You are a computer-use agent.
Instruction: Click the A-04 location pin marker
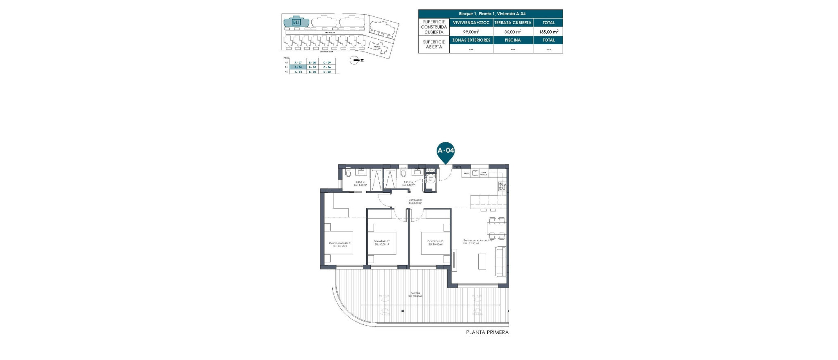[446, 151]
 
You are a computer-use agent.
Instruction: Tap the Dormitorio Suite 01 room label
[340, 245]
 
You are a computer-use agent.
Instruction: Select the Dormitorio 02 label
[382, 243]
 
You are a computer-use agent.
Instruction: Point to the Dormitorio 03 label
[435, 243]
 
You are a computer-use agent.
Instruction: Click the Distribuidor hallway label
[415, 201]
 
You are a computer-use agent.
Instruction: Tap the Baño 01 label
[360, 183]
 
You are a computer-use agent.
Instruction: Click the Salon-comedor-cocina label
[478, 242]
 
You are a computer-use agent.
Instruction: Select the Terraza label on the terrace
[415, 295]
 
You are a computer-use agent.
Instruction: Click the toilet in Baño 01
[348, 174]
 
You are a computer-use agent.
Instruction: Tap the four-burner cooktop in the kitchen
[502, 187]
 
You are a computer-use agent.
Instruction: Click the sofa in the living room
[500, 261]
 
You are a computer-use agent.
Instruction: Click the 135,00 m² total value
[548, 32]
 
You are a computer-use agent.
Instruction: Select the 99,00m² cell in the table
[471, 32]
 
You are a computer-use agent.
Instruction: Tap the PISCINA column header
[513, 40]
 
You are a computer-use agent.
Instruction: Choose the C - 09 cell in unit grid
[327, 63]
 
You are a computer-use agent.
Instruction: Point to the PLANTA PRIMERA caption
[487, 333]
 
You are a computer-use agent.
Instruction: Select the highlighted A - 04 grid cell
[298, 67]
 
